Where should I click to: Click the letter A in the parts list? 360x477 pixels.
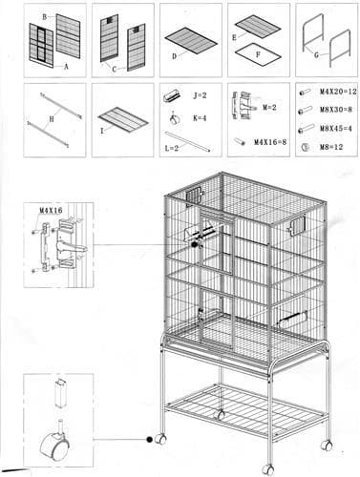(x=66, y=68)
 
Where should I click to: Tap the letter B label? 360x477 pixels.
(x=44, y=18)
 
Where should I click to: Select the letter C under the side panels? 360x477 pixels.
(x=114, y=68)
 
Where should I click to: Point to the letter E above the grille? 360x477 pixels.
(x=235, y=37)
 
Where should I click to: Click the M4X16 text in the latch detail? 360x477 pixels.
(x=50, y=212)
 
